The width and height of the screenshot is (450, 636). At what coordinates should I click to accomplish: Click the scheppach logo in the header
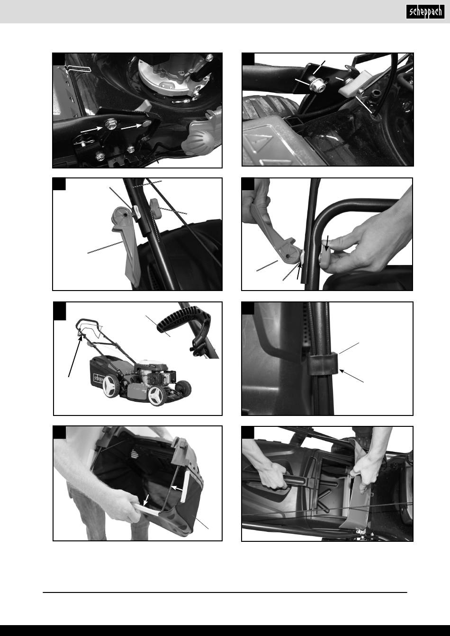click(x=425, y=12)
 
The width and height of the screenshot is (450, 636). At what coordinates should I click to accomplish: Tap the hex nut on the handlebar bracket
click(x=316, y=85)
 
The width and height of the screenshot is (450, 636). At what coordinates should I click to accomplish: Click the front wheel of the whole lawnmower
click(x=156, y=395)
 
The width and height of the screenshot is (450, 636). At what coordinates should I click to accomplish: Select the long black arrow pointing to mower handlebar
click(x=75, y=355)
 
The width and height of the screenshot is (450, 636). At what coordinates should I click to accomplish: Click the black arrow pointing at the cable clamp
click(x=351, y=376)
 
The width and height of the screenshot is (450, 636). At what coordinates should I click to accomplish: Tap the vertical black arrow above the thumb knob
click(x=327, y=242)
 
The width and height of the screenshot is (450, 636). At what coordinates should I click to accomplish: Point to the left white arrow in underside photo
click(x=91, y=130)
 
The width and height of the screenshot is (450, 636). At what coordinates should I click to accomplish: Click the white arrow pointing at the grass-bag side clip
click(x=178, y=488)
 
